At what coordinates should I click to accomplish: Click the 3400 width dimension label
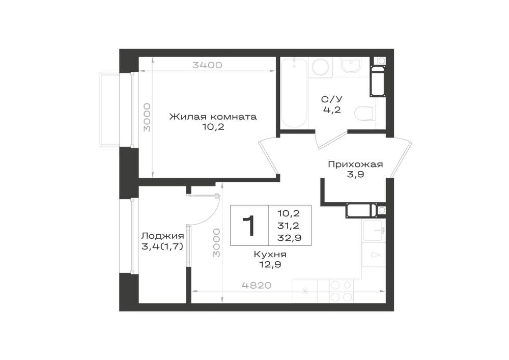pos(207,65)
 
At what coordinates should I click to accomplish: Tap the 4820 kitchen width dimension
pos(257,285)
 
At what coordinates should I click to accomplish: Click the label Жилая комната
pos(213,117)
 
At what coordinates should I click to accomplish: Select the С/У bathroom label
pos(332,99)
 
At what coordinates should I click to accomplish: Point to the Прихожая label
pos(355,164)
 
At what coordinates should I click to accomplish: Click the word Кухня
pos(270,254)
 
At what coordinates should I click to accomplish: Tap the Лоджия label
pos(163,236)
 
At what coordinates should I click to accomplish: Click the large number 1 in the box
pos(249,226)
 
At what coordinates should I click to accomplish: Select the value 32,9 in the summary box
pos(289,238)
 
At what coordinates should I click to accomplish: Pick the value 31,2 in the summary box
pos(288,226)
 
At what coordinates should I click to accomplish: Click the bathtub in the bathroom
pos(294,93)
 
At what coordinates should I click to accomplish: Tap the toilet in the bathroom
pos(365,114)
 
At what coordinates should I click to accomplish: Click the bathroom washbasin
pos(351,66)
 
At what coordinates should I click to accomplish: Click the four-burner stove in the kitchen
pos(341,291)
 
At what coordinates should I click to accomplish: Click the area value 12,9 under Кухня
pos(270,265)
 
